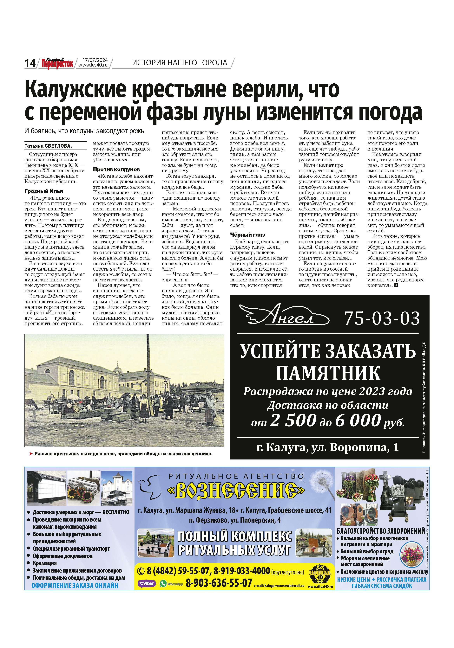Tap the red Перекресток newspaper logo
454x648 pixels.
pos(57,63)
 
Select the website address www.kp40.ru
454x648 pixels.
pos(93,65)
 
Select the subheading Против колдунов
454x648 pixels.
pos(116,169)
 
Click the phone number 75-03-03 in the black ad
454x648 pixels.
pos(382,318)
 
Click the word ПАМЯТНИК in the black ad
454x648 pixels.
pos(328,373)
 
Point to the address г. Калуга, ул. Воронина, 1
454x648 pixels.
pos(327,447)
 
